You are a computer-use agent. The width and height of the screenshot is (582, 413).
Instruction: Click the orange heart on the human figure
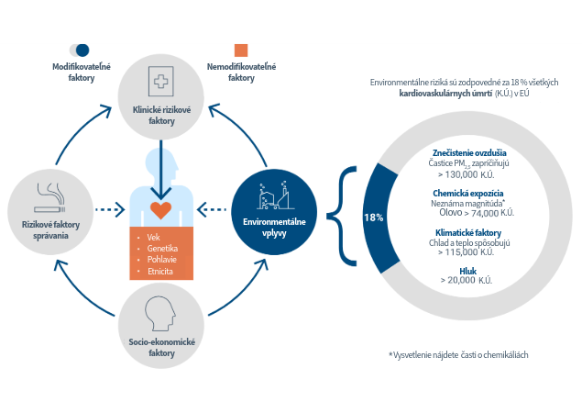pyautogui.click(x=161, y=210)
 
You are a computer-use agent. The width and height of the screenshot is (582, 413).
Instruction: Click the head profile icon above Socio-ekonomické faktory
pyautogui.click(x=161, y=315)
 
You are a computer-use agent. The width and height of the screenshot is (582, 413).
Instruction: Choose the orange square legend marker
pyautogui.click(x=241, y=50)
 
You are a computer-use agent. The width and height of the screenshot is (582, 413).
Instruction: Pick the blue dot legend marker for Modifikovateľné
pyautogui.click(x=82, y=50)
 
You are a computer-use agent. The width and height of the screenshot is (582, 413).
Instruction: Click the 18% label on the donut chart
pyautogui.click(x=373, y=218)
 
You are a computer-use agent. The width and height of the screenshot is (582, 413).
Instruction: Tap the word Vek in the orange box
pyautogui.click(x=153, y=238)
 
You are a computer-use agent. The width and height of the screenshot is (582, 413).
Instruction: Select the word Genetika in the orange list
pyautogui.click(x=161, y=249)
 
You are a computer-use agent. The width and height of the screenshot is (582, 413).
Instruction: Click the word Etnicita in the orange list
pyautogui.click(x=160, y=272)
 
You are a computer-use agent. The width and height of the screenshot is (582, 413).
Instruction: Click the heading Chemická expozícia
pyautogui.click(x=467, y=194)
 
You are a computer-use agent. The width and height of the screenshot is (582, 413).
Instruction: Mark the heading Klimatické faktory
pyautogui.click(x=467, y=235)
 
